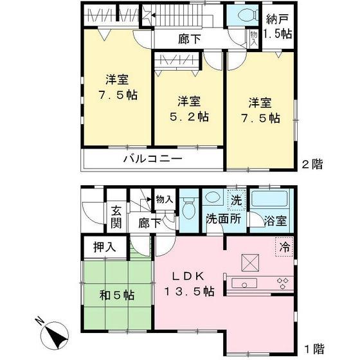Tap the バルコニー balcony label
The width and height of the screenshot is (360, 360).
152,159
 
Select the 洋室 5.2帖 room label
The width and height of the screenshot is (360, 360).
190,109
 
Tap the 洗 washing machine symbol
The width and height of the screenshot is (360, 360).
236,200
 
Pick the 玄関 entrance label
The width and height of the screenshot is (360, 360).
116,216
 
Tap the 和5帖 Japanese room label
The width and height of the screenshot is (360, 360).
116,296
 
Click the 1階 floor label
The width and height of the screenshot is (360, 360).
314,350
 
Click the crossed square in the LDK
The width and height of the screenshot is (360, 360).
249,262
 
